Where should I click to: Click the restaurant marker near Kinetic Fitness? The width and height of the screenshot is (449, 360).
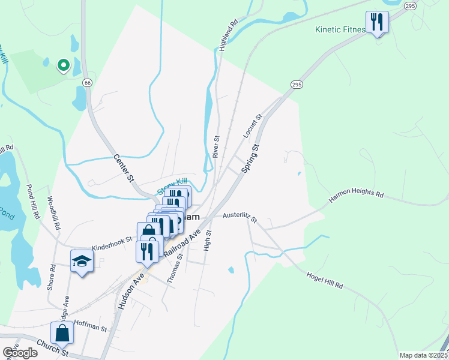tap(378, 23)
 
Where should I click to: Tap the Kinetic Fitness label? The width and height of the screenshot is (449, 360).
tap(340, 29)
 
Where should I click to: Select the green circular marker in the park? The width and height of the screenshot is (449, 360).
tap(62, 65)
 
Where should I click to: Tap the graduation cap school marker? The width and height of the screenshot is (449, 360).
tap(82, 261)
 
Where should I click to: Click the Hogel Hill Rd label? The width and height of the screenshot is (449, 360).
tap(324, 278)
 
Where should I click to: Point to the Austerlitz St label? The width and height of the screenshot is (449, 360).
tap(240, 217)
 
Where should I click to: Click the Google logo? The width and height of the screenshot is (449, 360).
tap(20, 353)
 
